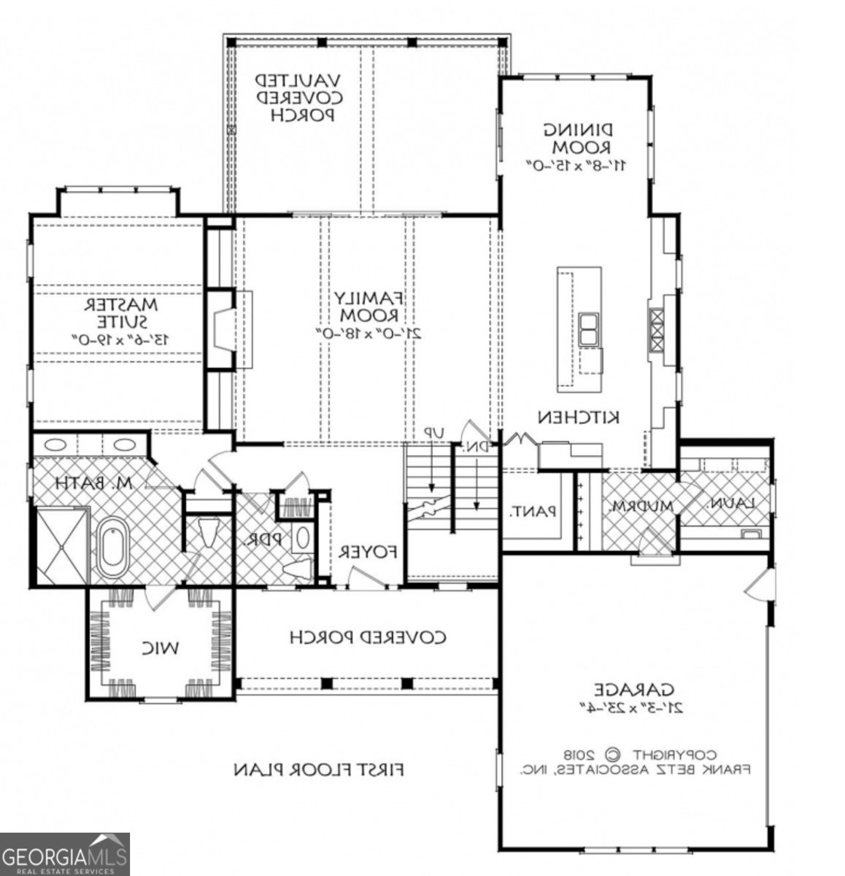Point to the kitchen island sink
[588, 329]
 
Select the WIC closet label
[160, 647]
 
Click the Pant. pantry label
[533, 512]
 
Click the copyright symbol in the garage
[614, 754]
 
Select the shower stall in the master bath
[61, 545]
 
